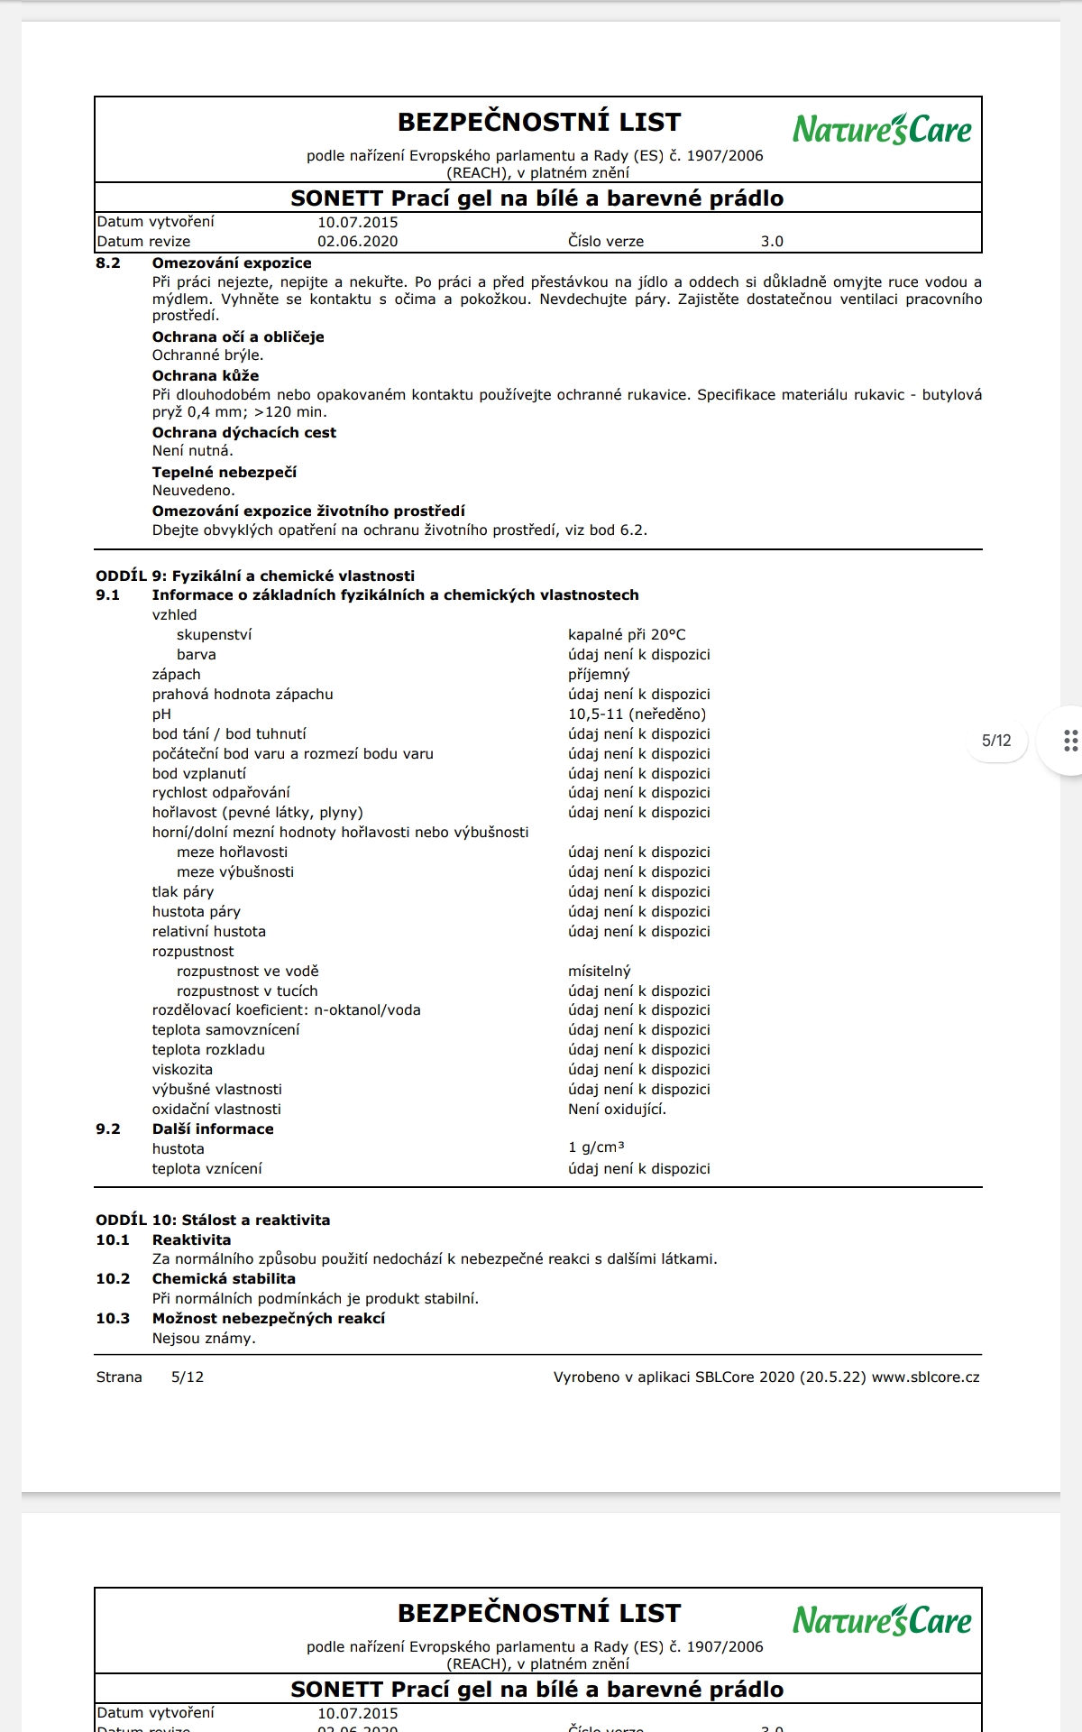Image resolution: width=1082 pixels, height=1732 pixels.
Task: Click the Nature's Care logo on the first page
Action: [x=882, y=130]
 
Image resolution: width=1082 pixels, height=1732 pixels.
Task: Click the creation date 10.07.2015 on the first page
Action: [x=357, y=222]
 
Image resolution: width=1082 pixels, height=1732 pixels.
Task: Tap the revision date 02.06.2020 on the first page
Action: [x=357, y=241]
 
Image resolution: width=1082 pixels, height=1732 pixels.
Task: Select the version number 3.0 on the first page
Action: [x=772, y=241]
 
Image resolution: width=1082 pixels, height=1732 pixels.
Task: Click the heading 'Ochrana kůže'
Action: [x=206, y=375]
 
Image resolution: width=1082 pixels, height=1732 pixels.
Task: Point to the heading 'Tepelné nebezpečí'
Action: [x=224, y=472]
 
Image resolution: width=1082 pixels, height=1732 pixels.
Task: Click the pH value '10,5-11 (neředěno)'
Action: [x=637, y=714]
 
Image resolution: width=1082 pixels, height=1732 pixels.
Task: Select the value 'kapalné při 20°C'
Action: [x=627, y=634]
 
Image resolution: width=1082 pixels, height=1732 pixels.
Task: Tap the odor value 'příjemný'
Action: [x=599, y=674]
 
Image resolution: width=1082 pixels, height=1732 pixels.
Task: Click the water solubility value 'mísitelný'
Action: [x=600, y=971]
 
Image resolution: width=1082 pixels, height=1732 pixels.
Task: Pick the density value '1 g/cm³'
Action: [x=596, y=1147]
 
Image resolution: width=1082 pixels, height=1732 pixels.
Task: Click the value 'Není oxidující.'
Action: [x=617, y=1109]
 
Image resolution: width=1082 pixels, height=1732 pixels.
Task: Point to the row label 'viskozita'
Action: [x=182, y=1069]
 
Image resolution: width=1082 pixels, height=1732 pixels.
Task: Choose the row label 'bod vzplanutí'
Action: [x=198, y=773]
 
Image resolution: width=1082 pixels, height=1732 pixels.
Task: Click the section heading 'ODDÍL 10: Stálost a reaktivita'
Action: [x=213, y=1220]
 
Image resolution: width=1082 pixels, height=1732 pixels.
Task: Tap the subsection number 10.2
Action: [x=113, y=1278]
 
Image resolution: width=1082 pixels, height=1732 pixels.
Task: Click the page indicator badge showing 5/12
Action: [x=996, y=741]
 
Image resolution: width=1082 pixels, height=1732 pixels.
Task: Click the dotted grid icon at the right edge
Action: [x=1070, y=741]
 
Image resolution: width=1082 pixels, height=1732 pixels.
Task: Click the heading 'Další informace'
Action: [x=213, y=1129]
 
